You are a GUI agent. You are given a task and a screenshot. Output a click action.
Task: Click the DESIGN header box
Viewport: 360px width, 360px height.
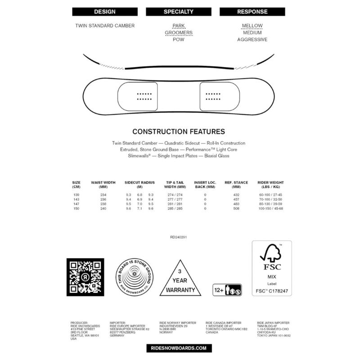[x=105, y=11]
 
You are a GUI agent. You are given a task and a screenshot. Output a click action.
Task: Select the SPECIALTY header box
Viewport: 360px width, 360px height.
[x=179, y=11]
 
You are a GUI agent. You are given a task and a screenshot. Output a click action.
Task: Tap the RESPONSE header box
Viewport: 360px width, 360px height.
[x=252, y=11]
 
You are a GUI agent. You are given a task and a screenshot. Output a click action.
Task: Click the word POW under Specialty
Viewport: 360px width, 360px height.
[x=179, y=40]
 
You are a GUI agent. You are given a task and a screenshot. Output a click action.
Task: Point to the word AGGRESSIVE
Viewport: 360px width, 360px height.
[x=252, y=40]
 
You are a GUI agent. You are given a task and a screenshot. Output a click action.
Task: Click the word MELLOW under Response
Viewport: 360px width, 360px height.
[x=252, y=26]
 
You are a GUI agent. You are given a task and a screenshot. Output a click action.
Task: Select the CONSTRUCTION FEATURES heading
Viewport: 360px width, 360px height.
[x=179, y=132]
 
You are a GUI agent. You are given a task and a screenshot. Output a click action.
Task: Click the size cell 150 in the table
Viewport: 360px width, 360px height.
[x=76, y=209]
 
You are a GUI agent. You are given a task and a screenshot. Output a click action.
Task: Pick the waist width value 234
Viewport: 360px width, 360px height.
[x=104, y=194]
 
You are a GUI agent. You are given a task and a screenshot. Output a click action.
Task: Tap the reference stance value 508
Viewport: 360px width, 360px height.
[x=234, y=209]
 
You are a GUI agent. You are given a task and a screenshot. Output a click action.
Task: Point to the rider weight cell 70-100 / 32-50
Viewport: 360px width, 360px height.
[x=270, y=199]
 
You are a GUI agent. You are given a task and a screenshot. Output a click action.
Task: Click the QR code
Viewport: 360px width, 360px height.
[x=85, y=277]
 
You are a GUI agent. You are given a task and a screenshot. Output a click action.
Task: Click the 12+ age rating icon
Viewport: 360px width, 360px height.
[x=227, y=288]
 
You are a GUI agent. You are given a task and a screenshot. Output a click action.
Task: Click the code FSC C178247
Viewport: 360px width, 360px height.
[x=271, y=292]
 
